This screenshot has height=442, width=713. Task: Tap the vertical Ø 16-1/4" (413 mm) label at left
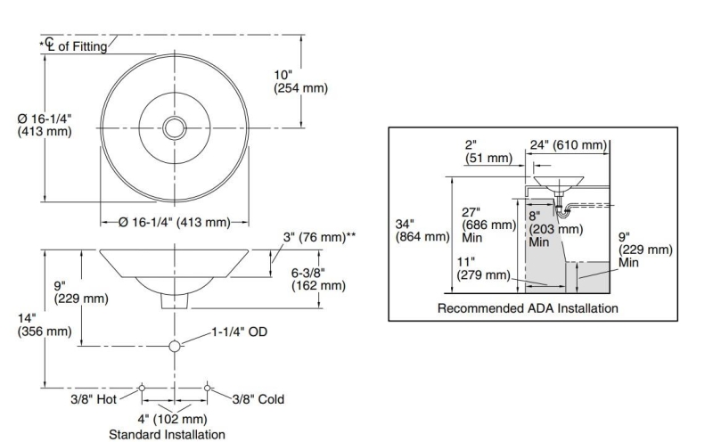45,125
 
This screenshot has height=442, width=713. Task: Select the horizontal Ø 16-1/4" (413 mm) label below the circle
174,222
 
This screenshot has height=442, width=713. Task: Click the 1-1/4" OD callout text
240,331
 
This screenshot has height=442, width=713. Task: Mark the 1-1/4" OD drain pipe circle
175,345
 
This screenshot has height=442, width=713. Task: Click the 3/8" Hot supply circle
143,388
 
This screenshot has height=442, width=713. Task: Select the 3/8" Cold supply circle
208,388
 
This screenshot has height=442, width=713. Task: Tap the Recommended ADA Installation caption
528,308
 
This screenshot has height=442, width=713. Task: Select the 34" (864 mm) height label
422,230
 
